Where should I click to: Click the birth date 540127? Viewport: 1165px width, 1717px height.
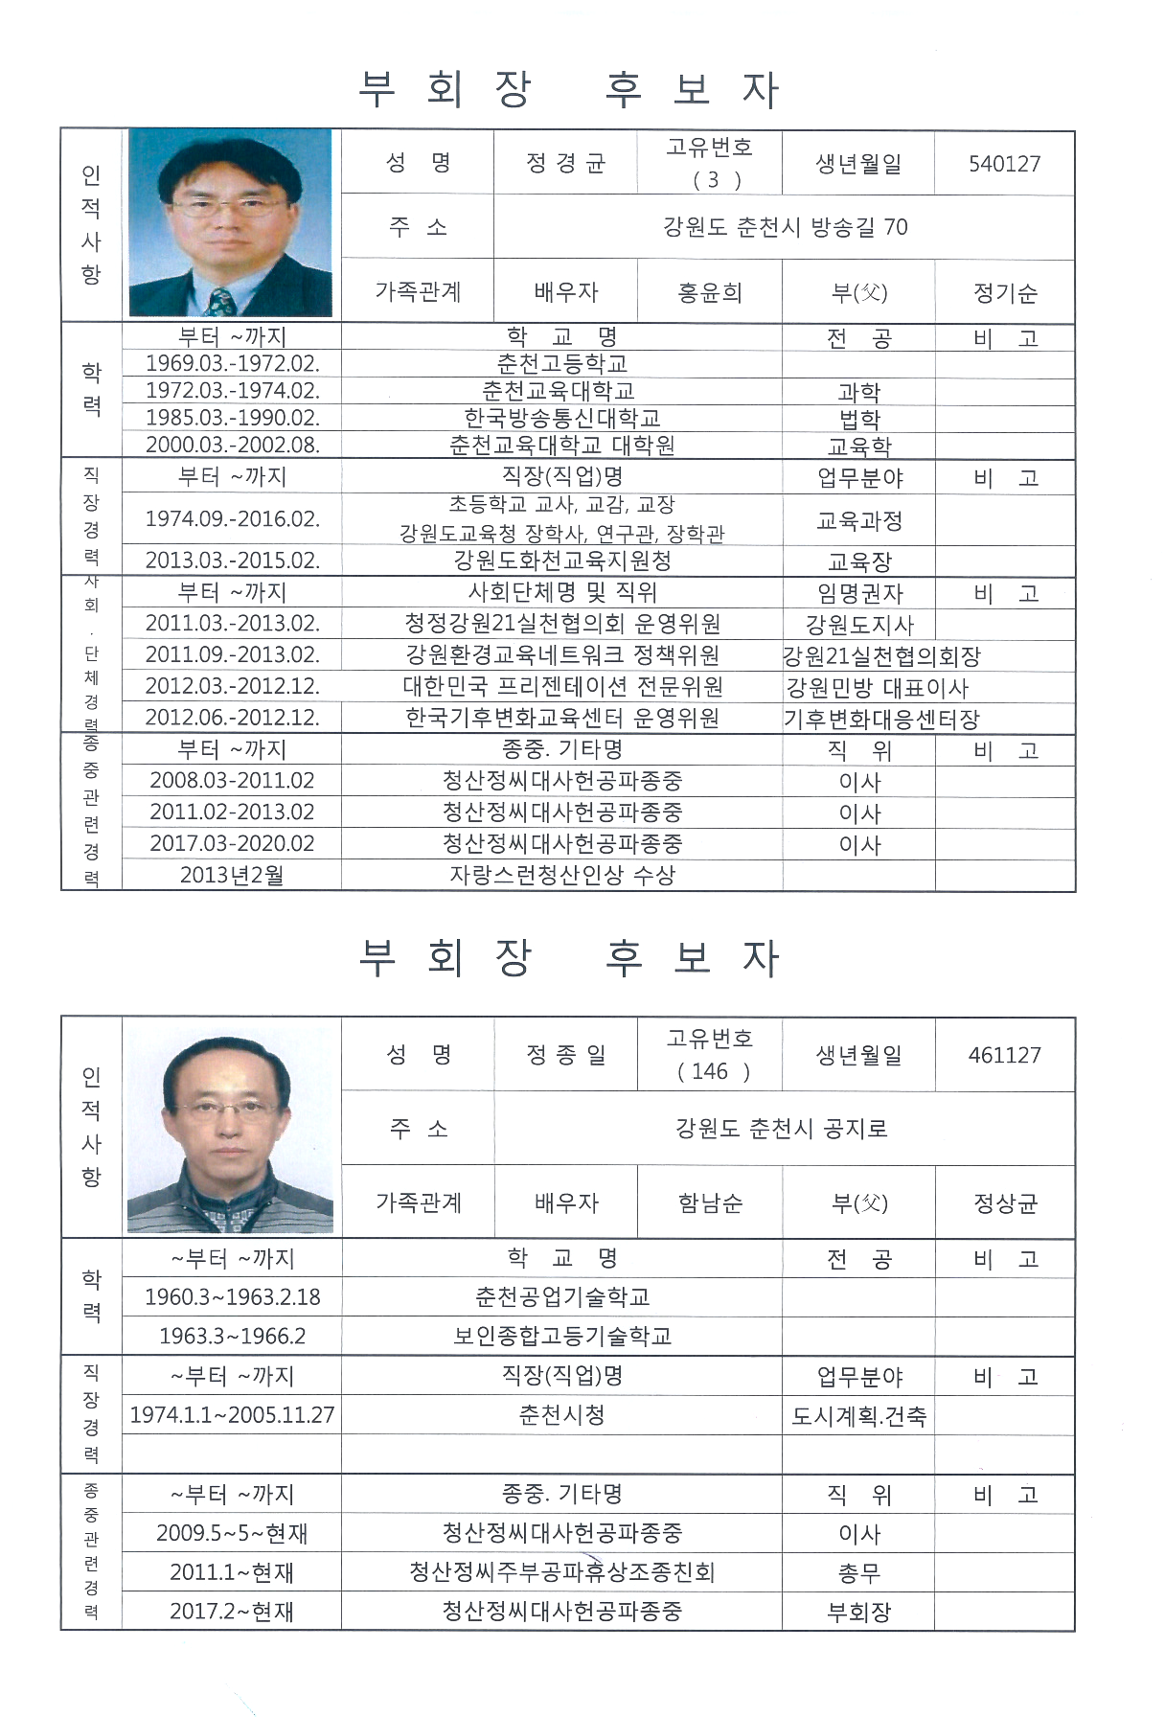[x=1004, y=164]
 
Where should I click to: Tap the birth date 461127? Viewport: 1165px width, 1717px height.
[x=1004, y=1055]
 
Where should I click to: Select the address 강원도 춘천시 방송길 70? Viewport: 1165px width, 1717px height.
[x=785, y=227]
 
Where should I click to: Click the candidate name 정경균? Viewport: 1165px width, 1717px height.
[x=565, y=164]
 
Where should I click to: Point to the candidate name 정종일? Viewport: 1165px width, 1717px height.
[x=565, y=1055]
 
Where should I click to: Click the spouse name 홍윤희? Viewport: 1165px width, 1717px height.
[x=709, y=292]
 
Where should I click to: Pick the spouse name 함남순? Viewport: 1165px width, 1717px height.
[x=709, y=1202]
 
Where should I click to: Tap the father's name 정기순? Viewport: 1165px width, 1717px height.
[x=1004, y=293]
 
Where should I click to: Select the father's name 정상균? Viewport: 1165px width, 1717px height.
[x=1004, y=1202]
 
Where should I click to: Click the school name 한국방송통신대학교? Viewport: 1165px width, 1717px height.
[x=561, y=418]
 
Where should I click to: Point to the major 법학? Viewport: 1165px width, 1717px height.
[x=858, y=419]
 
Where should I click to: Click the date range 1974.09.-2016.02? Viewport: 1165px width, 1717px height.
[x=232, y=519]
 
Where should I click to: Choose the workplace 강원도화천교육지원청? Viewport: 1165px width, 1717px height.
[x=561, y=561]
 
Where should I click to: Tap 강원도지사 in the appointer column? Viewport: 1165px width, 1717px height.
[x=858, y=625]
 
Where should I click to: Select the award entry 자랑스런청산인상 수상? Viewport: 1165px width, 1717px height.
[x=561, y=875]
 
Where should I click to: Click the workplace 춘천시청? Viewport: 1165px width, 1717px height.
[x=561, y=1414]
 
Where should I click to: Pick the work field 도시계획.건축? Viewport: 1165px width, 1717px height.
[x=858, y=1416]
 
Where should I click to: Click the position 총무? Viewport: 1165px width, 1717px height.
[x=858, y=1572]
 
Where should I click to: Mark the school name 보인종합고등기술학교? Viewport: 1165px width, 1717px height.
[x=561, y=1336]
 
